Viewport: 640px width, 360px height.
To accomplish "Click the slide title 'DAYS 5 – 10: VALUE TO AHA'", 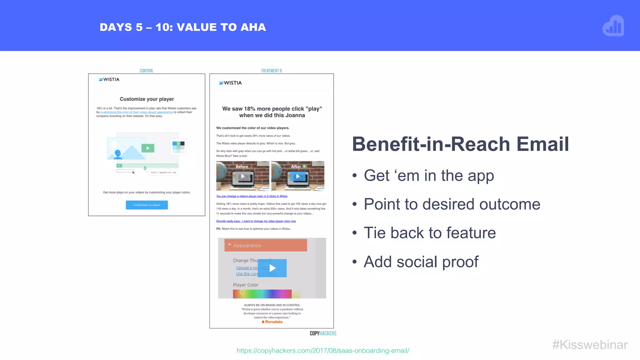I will point(183,27).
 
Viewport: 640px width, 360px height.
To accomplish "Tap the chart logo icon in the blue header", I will point(613,26).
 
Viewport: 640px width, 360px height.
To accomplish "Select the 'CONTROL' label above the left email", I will point(146,71).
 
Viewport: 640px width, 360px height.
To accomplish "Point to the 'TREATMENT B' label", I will point(271,71).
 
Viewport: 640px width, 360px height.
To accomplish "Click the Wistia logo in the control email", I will point(109,80).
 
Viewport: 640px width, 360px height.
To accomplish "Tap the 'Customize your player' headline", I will point(147,99).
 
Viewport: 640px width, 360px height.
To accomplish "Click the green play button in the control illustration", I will point(148,148).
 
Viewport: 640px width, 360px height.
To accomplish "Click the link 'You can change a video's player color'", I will point(252,196).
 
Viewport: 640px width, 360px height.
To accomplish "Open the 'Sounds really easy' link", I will point(256,221).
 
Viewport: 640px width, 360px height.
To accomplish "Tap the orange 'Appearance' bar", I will point(266,245).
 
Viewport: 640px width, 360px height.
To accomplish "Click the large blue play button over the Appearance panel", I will point(272,268).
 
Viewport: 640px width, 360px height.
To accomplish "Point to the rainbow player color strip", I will point(262,294).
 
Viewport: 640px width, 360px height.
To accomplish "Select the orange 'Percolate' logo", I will point(272,322).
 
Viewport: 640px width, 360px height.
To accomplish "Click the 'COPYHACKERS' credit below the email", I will point(323,333).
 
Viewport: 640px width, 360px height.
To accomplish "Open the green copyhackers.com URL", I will point(323,351).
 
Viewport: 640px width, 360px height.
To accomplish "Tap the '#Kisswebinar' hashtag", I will point(590,345).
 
